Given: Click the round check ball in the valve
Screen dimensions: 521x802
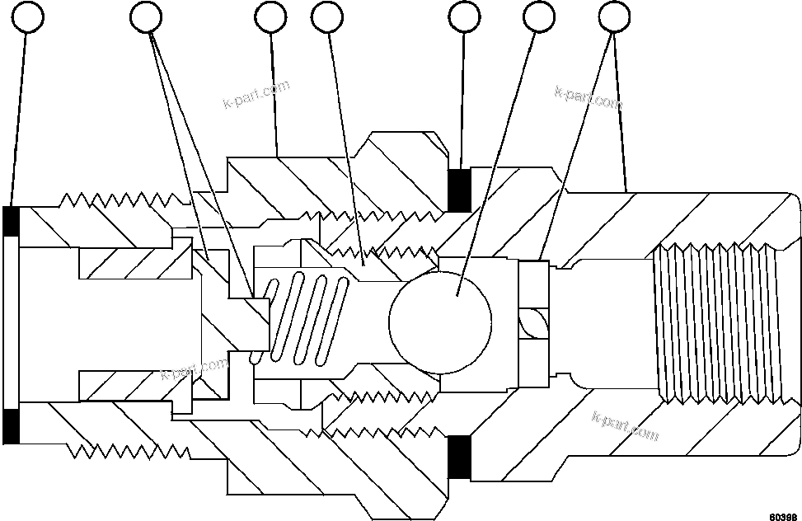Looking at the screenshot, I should [440, 317].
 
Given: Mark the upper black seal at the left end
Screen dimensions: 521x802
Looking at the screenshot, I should [12, 220].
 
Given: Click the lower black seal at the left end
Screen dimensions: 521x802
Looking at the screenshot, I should [12, 424].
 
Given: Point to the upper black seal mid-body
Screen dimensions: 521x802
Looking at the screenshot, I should [458, 190].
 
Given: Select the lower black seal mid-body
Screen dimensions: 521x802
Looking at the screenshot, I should [458, 456].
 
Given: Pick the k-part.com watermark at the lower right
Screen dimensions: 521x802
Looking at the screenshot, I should [626, 425].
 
